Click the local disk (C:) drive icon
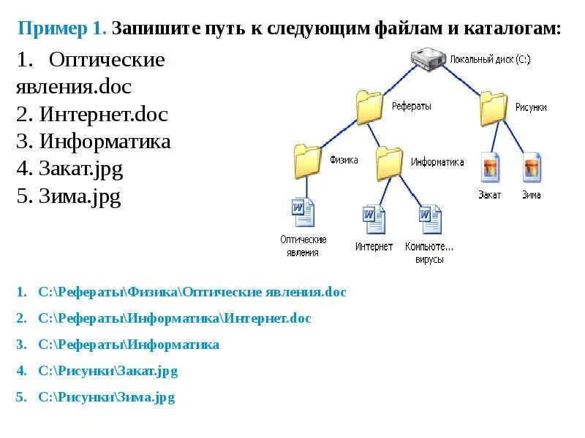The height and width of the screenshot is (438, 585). [429, 59]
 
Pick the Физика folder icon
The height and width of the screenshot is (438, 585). [308, 161]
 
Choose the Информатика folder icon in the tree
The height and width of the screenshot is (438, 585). [390, 162]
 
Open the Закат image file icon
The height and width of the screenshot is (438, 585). [489, 168]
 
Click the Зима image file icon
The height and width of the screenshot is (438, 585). [532, 168]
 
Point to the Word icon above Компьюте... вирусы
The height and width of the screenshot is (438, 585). [429, 218]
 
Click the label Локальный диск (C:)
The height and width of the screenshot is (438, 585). [490, 58]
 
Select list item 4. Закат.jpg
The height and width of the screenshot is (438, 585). [69, 169]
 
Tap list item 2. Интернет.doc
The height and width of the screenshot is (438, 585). [92, 114]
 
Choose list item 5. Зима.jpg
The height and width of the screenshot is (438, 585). [68, 197]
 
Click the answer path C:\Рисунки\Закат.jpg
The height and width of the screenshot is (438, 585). [108, 371]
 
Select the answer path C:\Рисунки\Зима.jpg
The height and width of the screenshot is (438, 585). [107, 398]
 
